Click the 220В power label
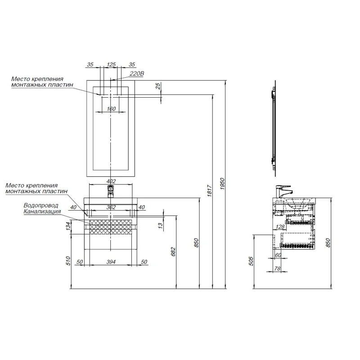click(x=137, y=74)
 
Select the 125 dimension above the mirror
click(x=111, y=64)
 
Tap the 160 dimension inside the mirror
click(x=111, y=108)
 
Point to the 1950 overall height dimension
click(x=222, y=184)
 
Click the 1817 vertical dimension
click(x=209, y=190)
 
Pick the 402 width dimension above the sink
click(x=111, y=181)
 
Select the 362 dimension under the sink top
click(x=111, y=207)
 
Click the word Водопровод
click(x=41, y=206)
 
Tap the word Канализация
click(x=42, y=211)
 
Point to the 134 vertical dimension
click(x=68, y=226)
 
